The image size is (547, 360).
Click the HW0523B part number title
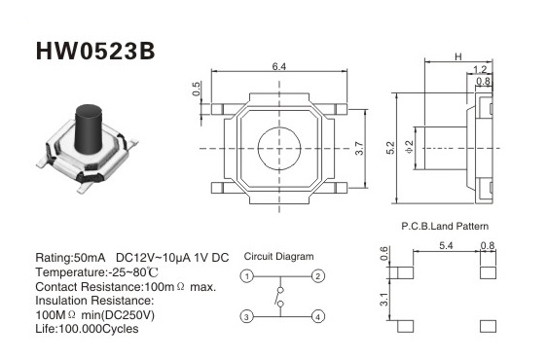95,52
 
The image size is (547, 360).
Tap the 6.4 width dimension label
279,66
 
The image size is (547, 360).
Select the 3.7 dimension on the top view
359,148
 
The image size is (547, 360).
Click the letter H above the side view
458,56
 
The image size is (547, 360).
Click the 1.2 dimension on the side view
480,69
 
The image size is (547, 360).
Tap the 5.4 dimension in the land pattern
446,245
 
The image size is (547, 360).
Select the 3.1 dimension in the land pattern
383,300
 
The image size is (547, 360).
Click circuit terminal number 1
247,276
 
